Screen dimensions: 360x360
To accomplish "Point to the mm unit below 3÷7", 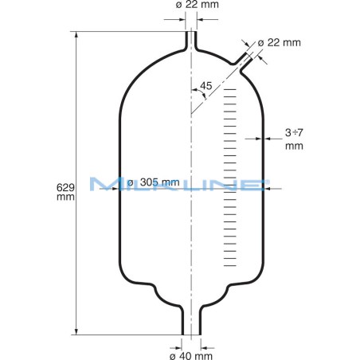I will coord(294,146).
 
